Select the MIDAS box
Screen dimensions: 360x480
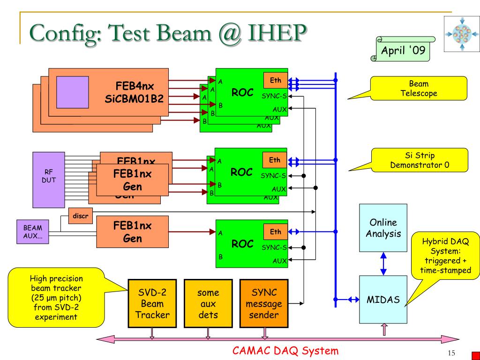383,300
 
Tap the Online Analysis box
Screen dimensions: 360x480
383,228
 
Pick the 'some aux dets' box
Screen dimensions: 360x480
208,303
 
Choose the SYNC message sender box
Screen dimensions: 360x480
264,303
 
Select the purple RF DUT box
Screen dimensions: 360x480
49,180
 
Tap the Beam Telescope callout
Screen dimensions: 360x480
419,89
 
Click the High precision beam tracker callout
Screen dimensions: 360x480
56,297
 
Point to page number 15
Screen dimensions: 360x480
452,353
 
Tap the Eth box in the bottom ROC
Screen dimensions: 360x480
276,232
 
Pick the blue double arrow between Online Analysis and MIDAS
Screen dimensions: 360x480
383,263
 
